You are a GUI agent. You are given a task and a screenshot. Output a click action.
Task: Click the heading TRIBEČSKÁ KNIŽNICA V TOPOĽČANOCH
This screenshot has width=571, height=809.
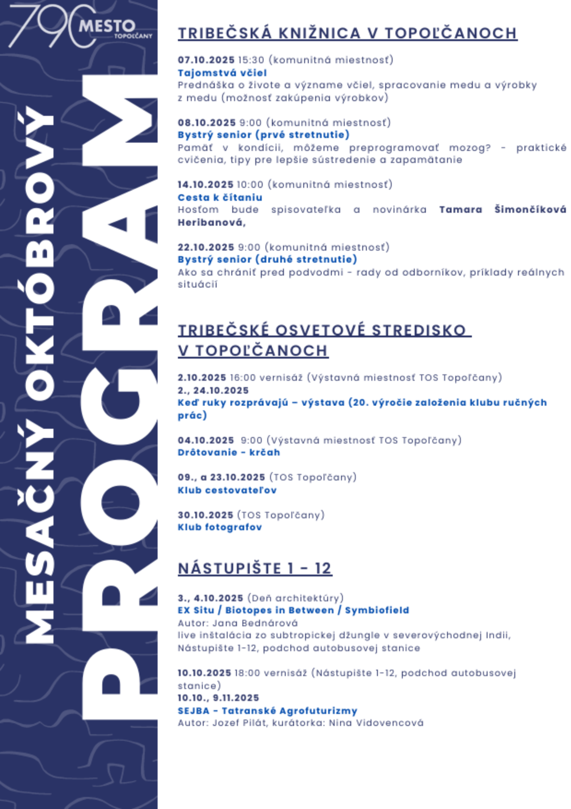[347, 33]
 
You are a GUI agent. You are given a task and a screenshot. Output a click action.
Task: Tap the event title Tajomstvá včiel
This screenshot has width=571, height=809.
[222, 73]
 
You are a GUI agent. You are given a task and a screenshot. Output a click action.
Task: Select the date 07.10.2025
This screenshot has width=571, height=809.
[206, 60]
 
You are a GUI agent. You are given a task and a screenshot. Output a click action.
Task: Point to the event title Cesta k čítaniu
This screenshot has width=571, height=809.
[220, 197]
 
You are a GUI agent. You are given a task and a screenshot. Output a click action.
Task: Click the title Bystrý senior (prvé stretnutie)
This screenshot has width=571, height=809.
[263, 135]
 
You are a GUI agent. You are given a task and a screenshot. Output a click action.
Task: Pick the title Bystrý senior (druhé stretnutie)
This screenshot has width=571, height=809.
[267, 260]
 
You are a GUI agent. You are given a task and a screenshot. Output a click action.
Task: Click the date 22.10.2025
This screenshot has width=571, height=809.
[206, 247]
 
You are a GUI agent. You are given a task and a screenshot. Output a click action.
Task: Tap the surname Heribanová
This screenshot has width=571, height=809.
[211, 222]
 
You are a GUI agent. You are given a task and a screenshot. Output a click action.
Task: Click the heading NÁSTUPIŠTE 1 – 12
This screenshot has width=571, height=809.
[255, 568]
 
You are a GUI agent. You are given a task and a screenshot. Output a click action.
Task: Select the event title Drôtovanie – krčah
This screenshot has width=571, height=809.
[228, 453]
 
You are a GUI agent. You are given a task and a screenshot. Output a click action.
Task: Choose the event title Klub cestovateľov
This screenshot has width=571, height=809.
[227, 490]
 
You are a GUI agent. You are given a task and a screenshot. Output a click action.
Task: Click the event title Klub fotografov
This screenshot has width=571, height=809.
[220, 527]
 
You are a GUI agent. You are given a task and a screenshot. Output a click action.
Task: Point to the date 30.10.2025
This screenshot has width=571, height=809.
[205, 515]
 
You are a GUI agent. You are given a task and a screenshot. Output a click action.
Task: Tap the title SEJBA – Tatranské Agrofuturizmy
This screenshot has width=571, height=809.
[267, 711]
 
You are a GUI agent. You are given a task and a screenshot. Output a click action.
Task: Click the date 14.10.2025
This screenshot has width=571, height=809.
[205, 185]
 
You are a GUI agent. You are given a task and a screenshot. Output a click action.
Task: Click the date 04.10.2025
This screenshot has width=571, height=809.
[206, 440]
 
